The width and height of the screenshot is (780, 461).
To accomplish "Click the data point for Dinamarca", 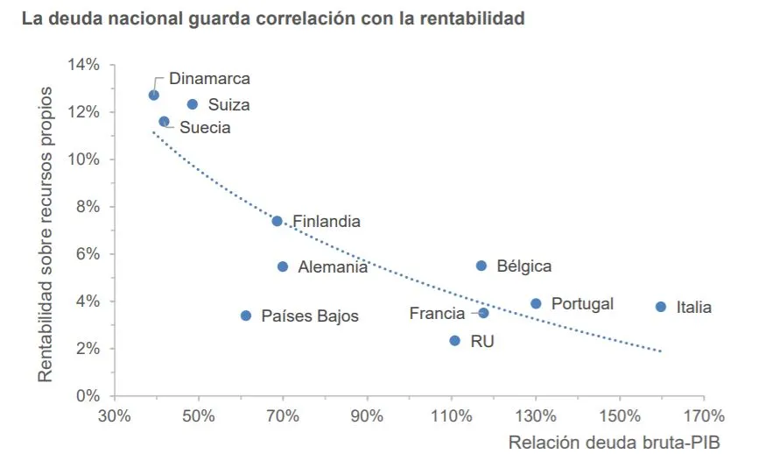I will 154,95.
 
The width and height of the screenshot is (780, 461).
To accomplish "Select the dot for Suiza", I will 193,104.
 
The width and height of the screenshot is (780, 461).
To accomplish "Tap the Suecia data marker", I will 165,122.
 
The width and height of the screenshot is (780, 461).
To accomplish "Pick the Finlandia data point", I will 278,221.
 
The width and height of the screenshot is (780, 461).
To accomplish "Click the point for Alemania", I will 283,266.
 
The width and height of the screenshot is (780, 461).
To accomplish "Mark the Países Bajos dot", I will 246,316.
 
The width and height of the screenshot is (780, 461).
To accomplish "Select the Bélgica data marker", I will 481,266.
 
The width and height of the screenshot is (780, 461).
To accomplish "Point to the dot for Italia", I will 661,307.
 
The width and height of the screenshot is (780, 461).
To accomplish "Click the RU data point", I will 454,340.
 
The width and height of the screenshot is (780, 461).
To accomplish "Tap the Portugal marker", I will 536,303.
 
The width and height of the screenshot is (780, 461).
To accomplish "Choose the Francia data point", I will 483,313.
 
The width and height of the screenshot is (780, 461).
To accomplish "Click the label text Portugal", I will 582,304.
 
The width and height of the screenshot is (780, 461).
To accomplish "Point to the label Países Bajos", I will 310,316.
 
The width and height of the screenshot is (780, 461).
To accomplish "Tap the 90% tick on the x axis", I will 368,415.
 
